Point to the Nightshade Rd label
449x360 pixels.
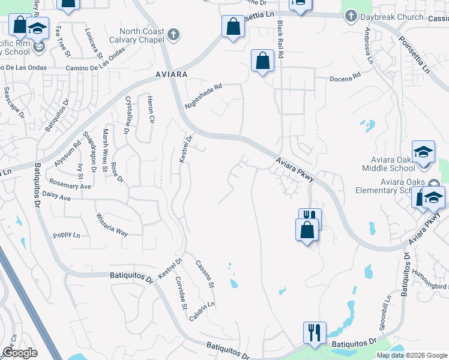(x=203, y=96)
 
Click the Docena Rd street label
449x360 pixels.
(x=345, y=78)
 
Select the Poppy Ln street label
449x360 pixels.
(x=66, y=235)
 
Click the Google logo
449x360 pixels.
(x=19, y=353)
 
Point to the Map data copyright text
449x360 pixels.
(x=411, y=355)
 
